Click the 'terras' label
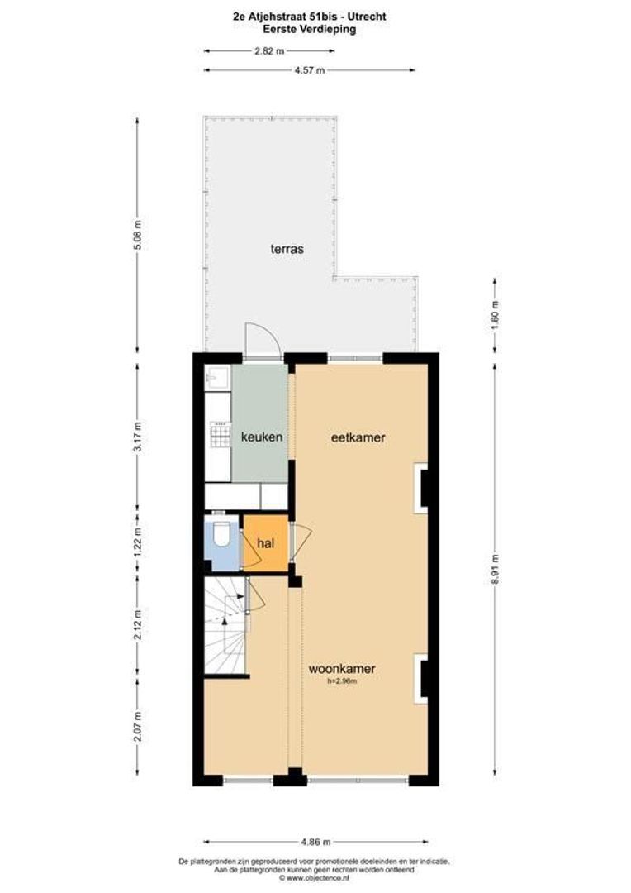point(287,248)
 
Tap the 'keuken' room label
point(262,437)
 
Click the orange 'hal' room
point(266,543)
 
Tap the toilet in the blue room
point(221,537)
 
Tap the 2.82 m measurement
point(268,50)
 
